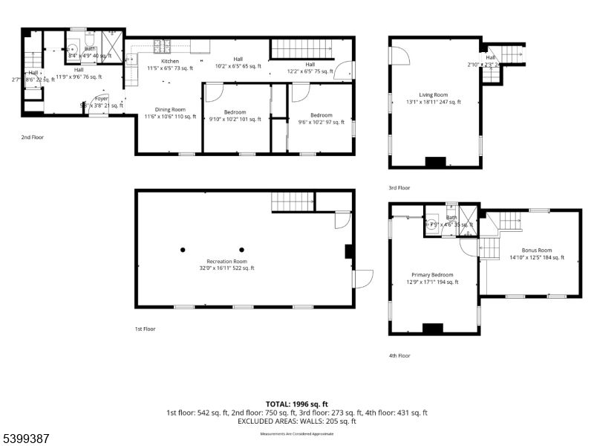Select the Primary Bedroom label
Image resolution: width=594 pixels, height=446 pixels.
(x=432, y=278)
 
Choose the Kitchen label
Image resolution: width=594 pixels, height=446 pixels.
(x=170, y=65)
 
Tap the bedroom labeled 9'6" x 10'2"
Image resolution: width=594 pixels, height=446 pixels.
(x=321, y=119)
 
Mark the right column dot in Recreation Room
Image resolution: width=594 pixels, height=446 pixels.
(x=241, y=250)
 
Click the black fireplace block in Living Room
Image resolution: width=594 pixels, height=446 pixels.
(x=434, y=162)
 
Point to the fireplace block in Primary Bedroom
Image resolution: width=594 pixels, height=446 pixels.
(x=432, y=328)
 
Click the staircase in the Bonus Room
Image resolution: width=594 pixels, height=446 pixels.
(x=509, y=220)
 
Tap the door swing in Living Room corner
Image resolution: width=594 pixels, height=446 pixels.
(x=398, y=56)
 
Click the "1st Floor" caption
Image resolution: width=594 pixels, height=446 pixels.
(x=145, y=328)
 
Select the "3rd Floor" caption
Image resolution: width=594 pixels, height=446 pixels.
(x=399, y=188)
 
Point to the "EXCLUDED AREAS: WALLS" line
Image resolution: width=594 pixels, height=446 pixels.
(x=296, y=421)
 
